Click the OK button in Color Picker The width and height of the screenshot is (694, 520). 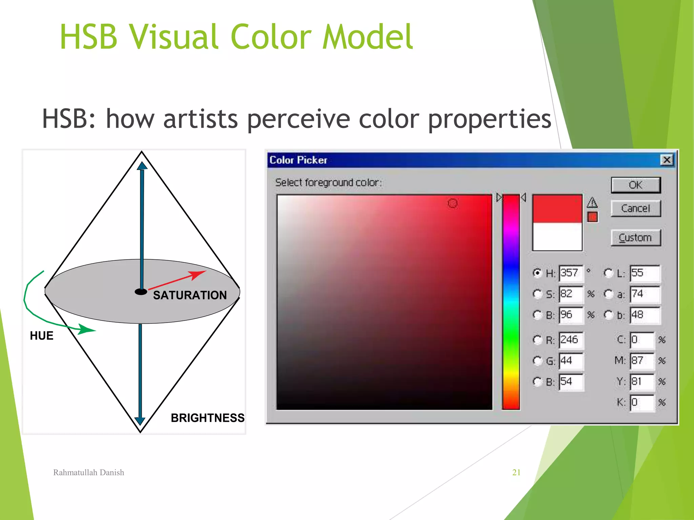[636, 185]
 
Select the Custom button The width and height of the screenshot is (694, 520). [636, 238]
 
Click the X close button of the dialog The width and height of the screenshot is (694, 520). [667, 160]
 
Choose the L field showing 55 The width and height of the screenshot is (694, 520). [645, 273]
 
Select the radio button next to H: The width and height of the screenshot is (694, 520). [537, 273]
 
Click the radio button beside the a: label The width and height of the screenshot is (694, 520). [609, 294]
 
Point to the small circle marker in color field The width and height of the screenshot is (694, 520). [453, 203]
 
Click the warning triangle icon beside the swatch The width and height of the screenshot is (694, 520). [592, 202]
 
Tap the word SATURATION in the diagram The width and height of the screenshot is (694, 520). [190, 295]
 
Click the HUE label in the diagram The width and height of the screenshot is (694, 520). [42, 336]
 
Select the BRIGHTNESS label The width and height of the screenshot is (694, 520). [207, 418]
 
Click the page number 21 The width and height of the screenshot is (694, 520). [516, 473]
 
